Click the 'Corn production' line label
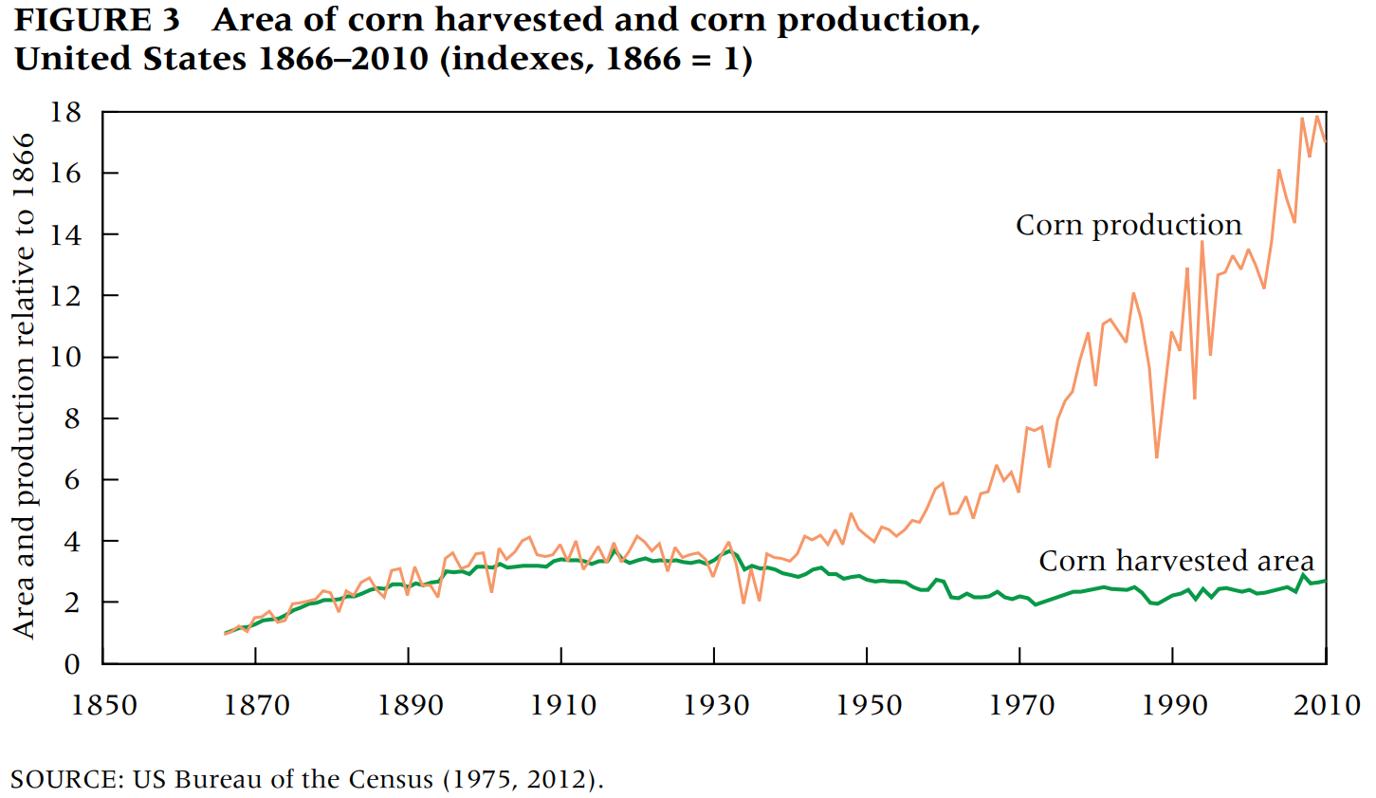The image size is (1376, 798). coord(1128,225)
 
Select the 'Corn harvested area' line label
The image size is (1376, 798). coord(1176,561)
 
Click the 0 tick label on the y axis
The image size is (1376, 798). coord(73,664)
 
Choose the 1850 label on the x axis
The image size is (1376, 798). coord(104,705)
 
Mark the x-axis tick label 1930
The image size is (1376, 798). coord(716,705)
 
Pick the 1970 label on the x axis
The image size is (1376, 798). coord(1021,705)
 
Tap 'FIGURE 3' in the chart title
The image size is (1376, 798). coord(97,20)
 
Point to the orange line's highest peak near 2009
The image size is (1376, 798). coord(1317,117)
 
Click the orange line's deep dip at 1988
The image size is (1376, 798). coord(1157,457)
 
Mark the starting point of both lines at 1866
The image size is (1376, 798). coord(225,633)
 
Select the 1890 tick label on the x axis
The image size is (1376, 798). coord(411,705)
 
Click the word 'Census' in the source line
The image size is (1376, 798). coord(390,780)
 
